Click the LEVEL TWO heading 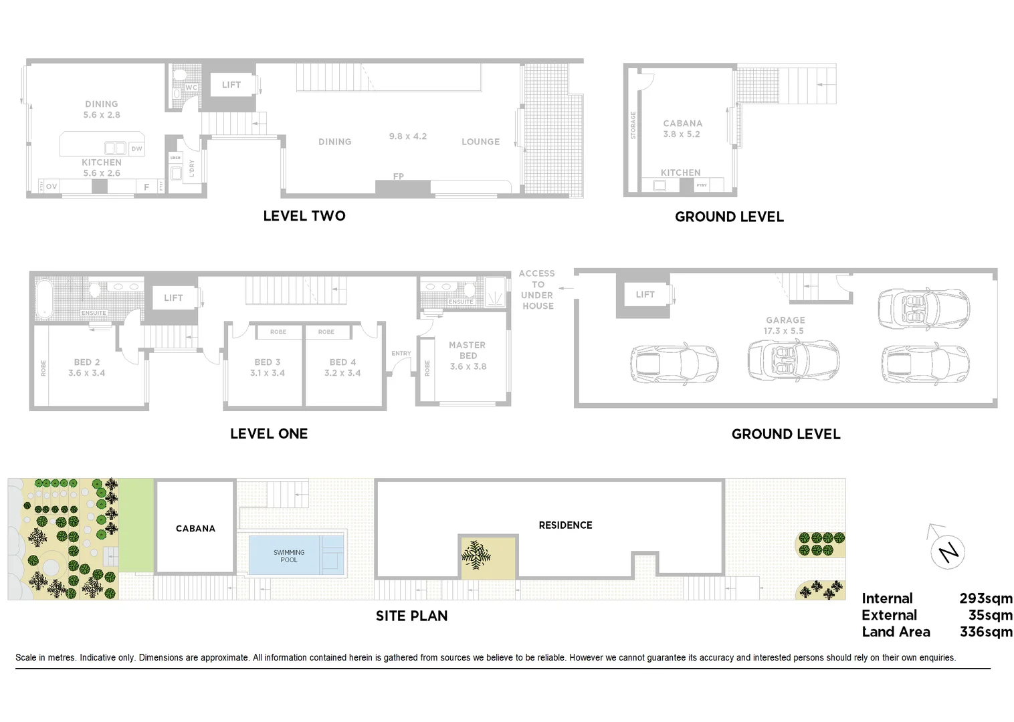click(304, 216)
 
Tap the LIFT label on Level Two click(231, 85)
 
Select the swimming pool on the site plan click(289, 556)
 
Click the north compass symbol click(948, 552)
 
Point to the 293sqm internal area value click(985, 598)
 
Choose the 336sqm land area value click(985, 632)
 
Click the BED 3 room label click(268, 362)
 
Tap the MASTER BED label click(468, 350)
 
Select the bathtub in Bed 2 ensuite click(45, 297)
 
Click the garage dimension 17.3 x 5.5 click(784, 331)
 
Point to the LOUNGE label click(480, 142)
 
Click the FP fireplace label click(398, 176)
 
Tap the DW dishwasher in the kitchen click(136, 148)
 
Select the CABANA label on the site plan click(195, 528)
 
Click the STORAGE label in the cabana click(633, 126)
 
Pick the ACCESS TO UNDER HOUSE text click(537, 289)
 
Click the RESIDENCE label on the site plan click(565, 525)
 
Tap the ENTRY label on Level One click(401, 354)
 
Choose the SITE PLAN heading click(411, 616)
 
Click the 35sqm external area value click(990, 615)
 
